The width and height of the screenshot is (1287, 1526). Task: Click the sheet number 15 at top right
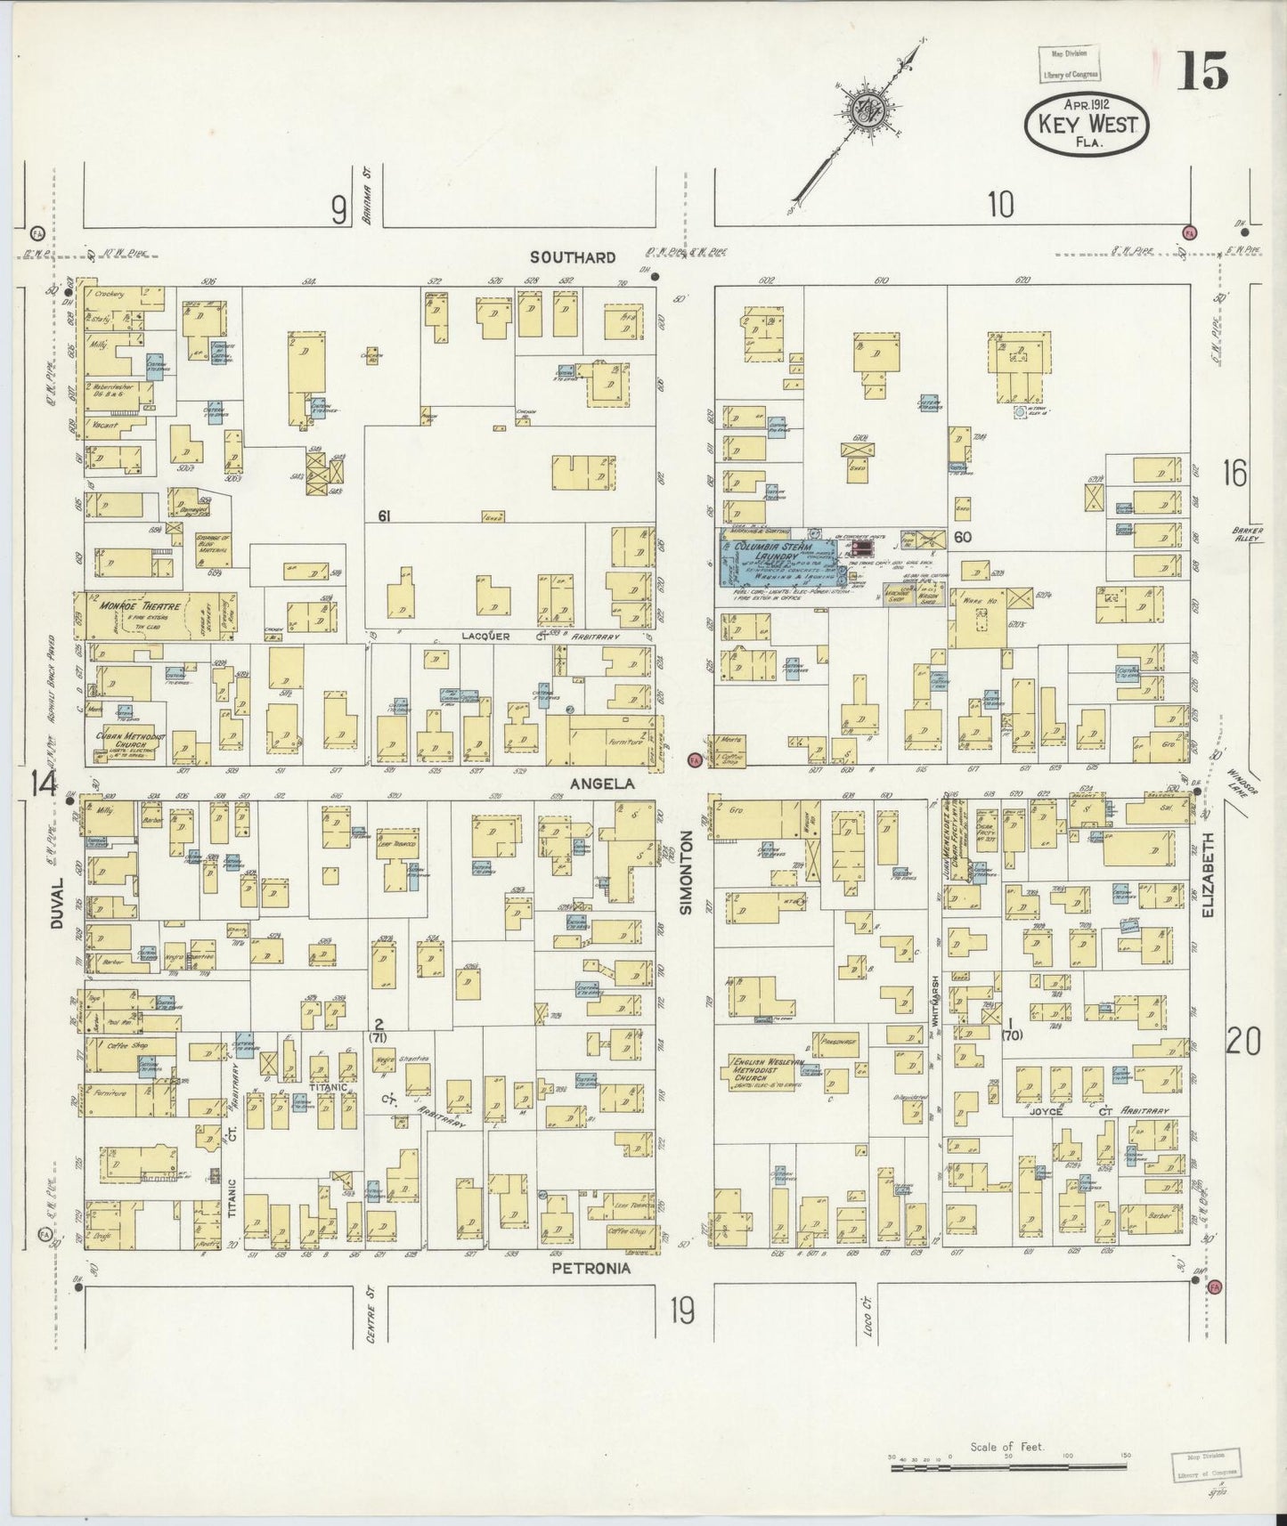(x=1203, y=70)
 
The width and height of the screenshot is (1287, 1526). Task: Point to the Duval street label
(x=58, y=904)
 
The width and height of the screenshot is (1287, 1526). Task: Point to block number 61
(x=385, y=515)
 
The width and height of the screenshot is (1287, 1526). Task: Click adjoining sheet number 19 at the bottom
(x=683, y=1311)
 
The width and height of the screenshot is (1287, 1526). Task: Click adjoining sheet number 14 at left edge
(x=42, y=783)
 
